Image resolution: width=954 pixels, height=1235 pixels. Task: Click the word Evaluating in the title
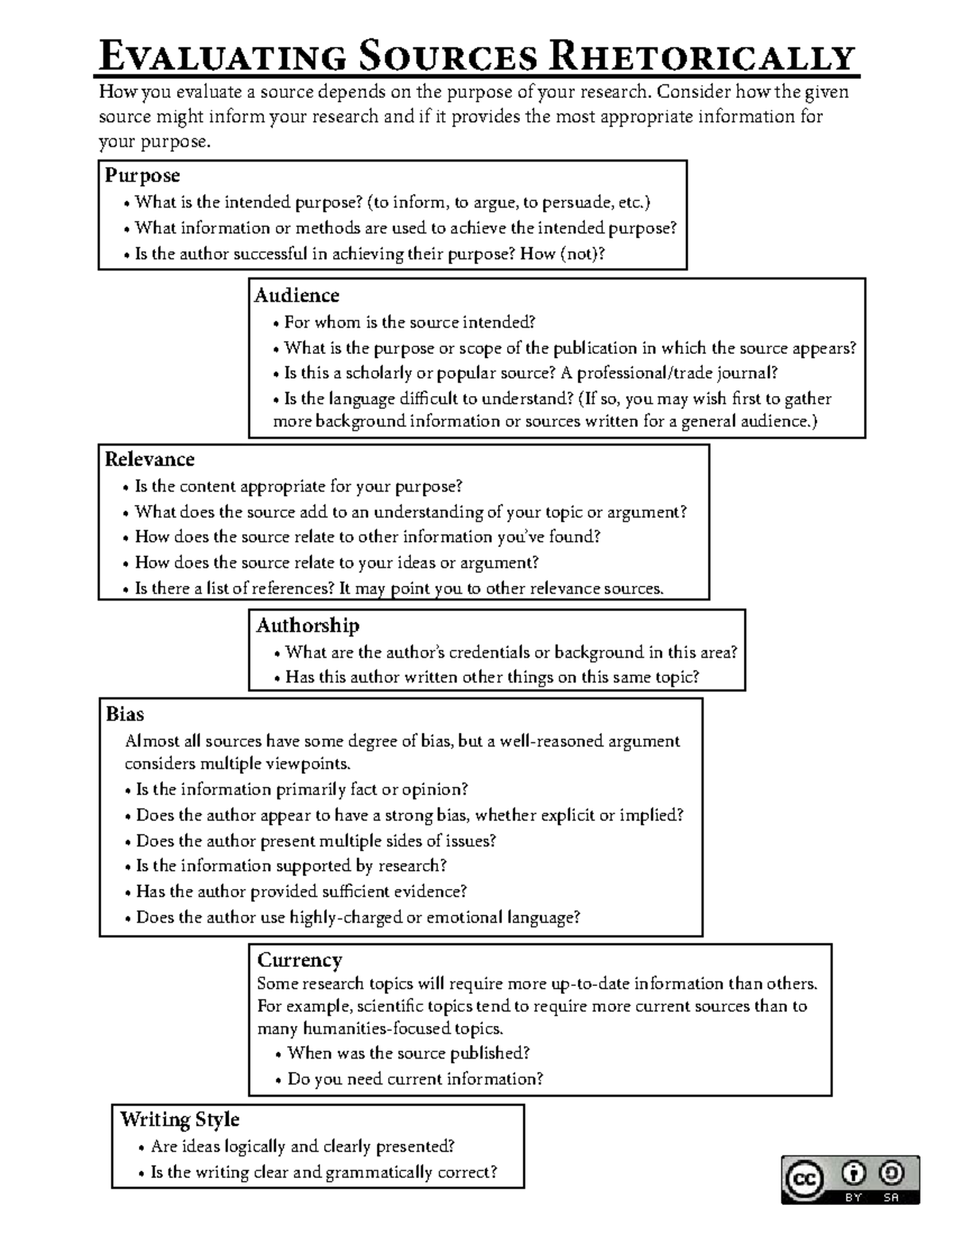click(222, 57)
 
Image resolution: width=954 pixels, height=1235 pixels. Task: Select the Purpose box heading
click(143, 176)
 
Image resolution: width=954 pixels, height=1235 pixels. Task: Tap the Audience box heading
click(297, 296)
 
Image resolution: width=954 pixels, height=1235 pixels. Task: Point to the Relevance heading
click(149, 460)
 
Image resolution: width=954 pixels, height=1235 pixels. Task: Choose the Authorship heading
click(308, 626)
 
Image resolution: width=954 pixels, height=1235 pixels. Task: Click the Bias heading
click(125, 714)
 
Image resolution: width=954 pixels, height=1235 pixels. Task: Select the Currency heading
click(300, 960)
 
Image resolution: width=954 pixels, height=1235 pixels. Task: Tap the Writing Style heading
click(180, 1120)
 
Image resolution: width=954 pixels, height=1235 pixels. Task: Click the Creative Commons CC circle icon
click(805, 1179)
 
